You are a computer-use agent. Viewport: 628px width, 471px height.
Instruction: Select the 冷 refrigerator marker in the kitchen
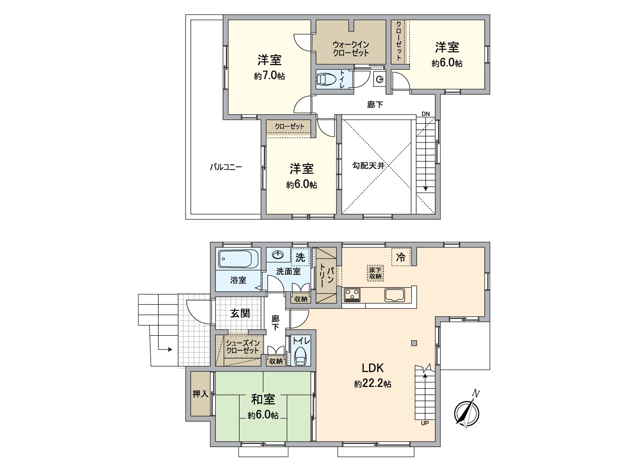point(401,257)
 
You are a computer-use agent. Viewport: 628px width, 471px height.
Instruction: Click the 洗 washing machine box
point(300,257)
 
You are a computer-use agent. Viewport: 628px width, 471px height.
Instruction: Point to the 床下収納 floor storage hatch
point(375,273)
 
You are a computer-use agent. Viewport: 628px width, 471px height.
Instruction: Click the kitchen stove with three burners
point(352,294)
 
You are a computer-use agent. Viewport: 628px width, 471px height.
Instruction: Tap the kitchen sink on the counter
point(395,294)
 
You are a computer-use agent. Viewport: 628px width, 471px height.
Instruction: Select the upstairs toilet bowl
point(327,78)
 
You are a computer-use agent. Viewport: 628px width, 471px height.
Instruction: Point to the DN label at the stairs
point(426,114)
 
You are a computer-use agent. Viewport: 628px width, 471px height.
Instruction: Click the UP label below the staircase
point(425,423)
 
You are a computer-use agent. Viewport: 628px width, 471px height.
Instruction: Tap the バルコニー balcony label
point(226,167)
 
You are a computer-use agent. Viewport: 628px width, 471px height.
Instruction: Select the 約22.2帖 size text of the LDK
point(372,384)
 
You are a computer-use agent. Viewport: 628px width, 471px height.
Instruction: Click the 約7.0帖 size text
point(270,76)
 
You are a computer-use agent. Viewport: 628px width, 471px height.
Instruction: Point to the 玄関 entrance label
point(240,314)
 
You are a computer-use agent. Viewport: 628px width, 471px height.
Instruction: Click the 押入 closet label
point(200,394)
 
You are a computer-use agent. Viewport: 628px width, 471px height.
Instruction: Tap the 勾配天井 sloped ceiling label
point(368,165)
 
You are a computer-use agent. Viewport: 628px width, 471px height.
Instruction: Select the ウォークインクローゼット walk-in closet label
point(351,49)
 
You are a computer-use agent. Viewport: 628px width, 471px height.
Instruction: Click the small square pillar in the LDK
point(414,343)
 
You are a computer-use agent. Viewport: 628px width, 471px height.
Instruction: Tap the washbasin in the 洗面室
point(278,254)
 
